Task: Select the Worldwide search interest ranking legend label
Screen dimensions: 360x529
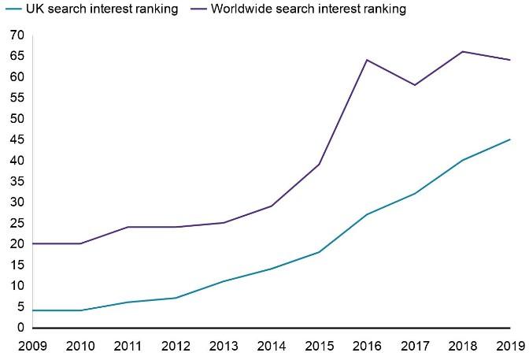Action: point(313,9)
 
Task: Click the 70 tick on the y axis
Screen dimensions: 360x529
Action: point(17,35)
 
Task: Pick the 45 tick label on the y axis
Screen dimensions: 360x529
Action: point(17,139)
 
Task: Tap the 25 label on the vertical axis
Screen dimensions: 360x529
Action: point(17,223)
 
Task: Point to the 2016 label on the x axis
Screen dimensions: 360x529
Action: point(367,345)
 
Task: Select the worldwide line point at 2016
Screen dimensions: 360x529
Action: point(367,60)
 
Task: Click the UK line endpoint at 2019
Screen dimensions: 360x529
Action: point(510,139)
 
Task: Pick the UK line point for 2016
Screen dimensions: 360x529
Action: point(367,214)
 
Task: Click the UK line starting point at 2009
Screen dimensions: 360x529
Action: point(31,310)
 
